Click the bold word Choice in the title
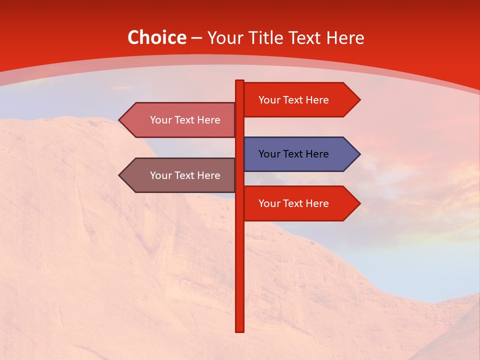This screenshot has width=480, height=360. (x=156, y=38)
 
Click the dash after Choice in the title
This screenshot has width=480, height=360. (x=196, y=38)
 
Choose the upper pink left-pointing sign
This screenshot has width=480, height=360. (x=180, y=120)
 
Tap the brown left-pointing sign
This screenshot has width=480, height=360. (x=180, y=175)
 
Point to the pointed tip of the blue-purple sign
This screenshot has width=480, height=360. (x=359, y=154)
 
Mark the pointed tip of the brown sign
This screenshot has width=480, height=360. (x=120, y=175)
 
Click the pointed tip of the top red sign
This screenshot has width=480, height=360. (x=359, y=100)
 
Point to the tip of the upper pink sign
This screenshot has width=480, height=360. (x=120, y=120)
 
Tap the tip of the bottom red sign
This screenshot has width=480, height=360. (x=359, y=203)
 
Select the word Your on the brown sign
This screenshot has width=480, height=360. (x=160, y=175)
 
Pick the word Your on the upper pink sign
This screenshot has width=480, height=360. (x=160, y=120)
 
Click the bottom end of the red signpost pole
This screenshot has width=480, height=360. (x=239, y=330)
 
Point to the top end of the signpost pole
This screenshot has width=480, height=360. (x=239, y=81)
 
